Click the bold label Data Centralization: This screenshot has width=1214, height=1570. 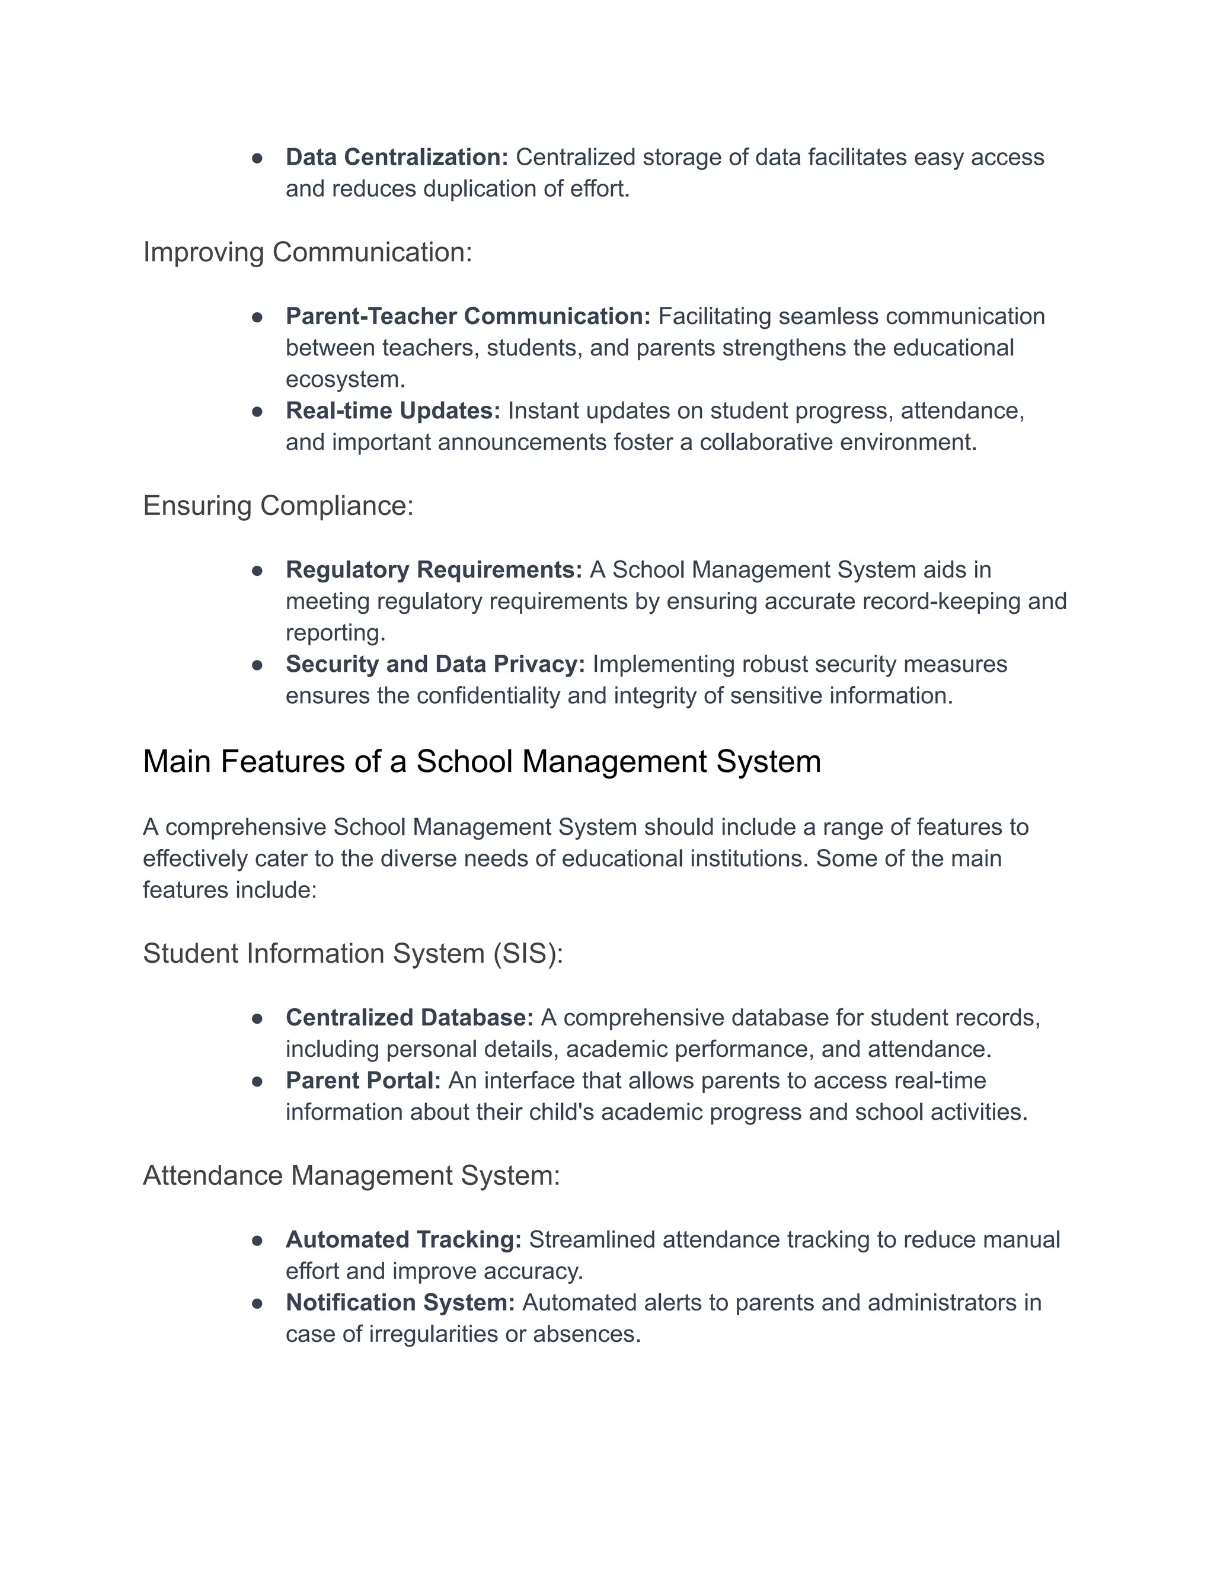pyautogui.click(x=397, y=158)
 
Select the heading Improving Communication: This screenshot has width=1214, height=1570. pyautogui.click(x=307, y=252)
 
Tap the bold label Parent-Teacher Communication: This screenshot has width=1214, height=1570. pyautogui.click(x=468, y=316)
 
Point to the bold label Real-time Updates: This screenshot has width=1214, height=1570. pyautogui.click(x=392, y=411)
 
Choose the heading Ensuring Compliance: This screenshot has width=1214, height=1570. pyautogui.click(x=279, y=506)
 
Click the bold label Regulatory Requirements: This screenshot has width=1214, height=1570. pyautogui.click(x=434, y=570)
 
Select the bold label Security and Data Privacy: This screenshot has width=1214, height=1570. pyautogui.click(x=435, y=664)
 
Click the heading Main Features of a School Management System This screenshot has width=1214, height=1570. pyautogui.click(x=481, y=762)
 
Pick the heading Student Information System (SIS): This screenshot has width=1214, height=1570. pyautogui.click(x=353, y=954)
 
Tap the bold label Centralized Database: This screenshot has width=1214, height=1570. pyautogui.click(x=409, y=1018)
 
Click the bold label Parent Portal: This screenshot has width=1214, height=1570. pyautogui.click(x=362, y=1081)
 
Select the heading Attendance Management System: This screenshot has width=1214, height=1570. pyautogui.click(x=351, y=1176)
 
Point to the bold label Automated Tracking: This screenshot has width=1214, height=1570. pyautogui.click(x=404, y=1240)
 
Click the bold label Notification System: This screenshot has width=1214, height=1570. pyautogui.click(x=400, y=1303)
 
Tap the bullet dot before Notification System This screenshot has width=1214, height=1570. pyautogui.click(x=257, y=1303)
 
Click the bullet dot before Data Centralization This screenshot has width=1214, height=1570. pyautogui.click(x=257, y=158)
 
